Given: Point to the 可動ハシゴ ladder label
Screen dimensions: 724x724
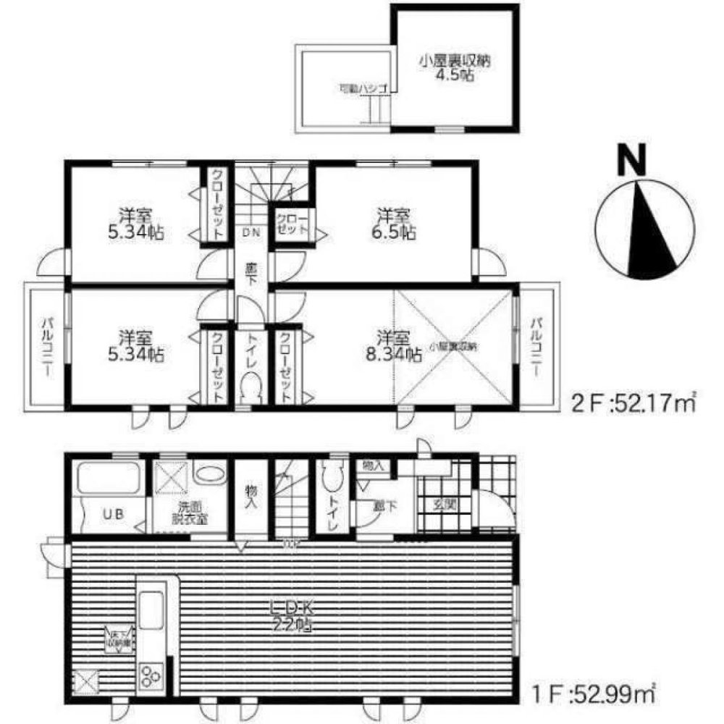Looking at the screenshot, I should [x=359, y=89].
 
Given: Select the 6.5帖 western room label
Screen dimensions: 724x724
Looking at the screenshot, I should [x=395, y=224].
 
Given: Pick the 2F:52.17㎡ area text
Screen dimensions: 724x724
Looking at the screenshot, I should [x=633, y=402].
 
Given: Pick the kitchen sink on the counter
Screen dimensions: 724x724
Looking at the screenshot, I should [x=152, y=608].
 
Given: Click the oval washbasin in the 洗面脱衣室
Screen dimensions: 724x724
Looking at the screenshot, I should [x=210, y=475].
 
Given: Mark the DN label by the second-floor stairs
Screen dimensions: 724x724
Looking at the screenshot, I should [x=251, y=233].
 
